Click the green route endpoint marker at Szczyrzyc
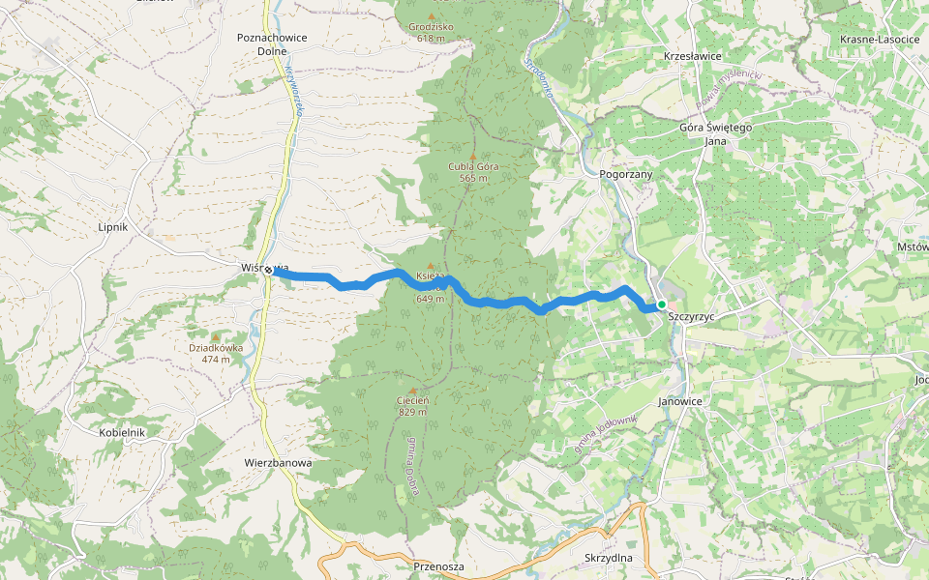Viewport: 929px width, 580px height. (x=662, y=304)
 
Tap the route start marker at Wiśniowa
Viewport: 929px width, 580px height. (x=267, y=272)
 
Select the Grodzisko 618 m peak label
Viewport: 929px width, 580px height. (x=431, y=33)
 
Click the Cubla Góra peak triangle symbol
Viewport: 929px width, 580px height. (x=472, y=157)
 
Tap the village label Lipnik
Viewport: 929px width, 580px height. (x=113, y=227)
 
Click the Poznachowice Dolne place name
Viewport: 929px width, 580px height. (x=271, y=43)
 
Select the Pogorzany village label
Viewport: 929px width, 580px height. (x=626, y=174)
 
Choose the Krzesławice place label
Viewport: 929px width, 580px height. (x=693, y=56)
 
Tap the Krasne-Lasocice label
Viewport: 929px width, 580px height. (x=879, y=39)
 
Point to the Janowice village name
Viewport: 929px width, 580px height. (x=686, y=400)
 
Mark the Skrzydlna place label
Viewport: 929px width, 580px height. (x=609, y=559)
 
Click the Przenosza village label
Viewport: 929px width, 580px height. (x=438, y=566)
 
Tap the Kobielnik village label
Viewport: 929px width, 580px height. (x=122, y=432)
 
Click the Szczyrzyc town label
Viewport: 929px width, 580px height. (x=691, y=317)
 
